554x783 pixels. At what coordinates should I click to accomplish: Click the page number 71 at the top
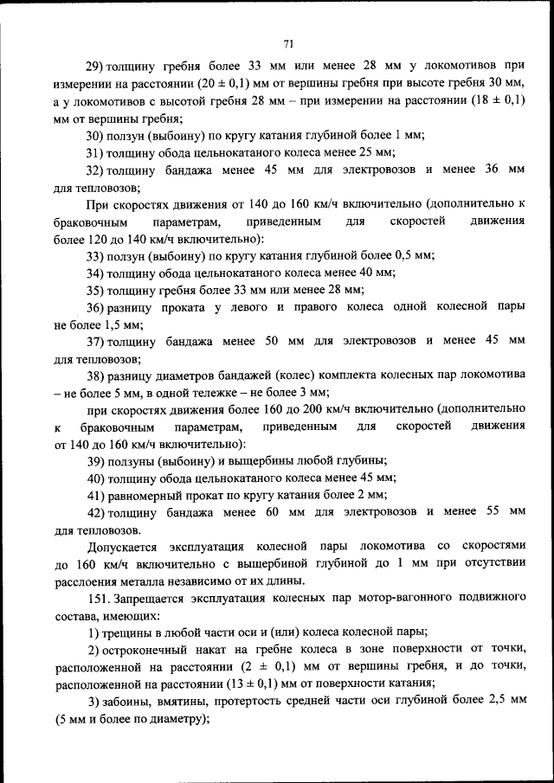pyautogui.click(x=288, y=44)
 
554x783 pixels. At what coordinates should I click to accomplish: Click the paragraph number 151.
pyautogui.click(x=96, y=599)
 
